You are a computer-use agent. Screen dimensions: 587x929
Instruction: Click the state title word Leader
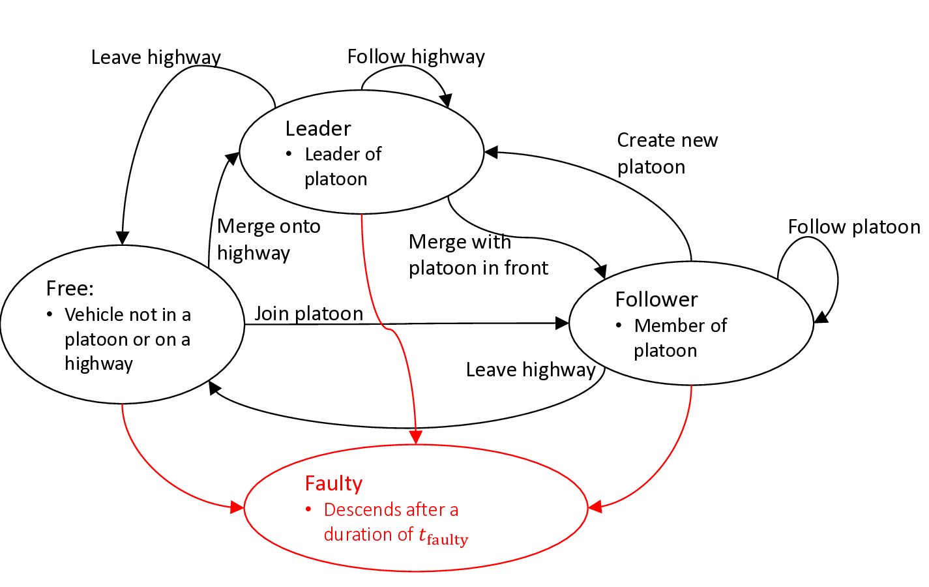317,128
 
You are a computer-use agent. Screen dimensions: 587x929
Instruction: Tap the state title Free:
70,288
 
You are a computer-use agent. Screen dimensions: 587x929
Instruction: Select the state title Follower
656,299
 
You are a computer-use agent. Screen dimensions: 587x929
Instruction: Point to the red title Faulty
333,483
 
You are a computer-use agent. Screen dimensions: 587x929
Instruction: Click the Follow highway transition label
416,57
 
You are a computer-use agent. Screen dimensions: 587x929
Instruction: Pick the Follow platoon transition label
853,227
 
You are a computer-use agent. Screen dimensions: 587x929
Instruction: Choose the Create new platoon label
666,153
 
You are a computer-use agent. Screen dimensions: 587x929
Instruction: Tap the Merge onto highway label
268,239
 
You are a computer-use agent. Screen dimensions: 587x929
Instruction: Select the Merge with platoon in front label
478,255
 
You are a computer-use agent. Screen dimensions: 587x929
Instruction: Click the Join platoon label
308,314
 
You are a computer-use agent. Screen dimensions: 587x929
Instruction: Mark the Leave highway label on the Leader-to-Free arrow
156,57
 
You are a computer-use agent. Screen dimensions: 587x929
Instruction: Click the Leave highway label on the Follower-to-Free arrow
531,370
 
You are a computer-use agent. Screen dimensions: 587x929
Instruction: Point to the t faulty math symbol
443,536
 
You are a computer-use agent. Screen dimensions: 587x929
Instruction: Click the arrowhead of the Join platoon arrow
562,323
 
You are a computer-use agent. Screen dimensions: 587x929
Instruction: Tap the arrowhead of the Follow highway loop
446,100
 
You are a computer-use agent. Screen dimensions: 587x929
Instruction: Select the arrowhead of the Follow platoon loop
821,318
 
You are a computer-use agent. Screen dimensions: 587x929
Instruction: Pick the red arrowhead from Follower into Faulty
595,507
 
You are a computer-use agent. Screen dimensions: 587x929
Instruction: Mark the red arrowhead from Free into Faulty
237,507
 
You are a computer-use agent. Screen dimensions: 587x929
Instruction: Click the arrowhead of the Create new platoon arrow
492,152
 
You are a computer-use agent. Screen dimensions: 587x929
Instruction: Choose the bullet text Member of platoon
679,338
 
